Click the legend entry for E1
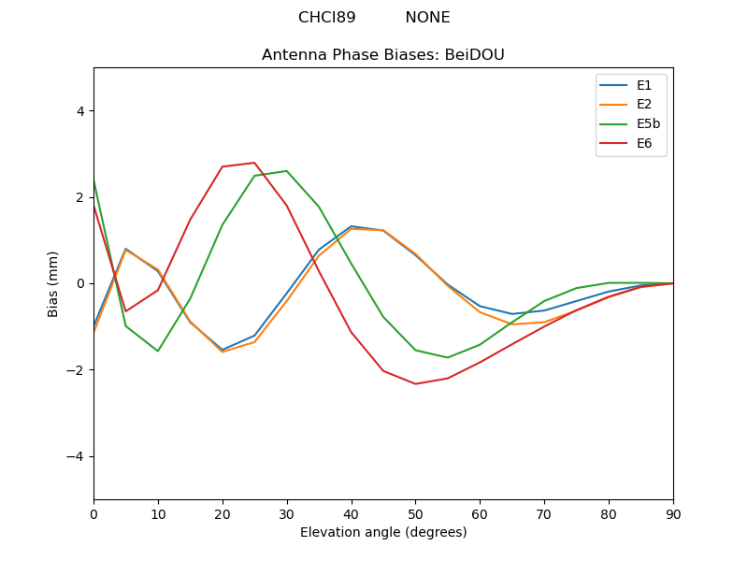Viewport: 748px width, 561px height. pyautogui.click(x=644, y=85)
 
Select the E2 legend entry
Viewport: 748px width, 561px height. pyautogui.click(x=644, y=105)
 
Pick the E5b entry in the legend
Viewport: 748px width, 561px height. pyautogui.click(x=648, y=123)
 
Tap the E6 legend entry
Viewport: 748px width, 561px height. pyautogui.click(x=644, y=143)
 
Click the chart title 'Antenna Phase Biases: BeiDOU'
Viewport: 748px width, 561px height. pyautogui.click(x=383, y=55)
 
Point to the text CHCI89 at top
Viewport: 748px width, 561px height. pyautogui.click(x=327, y=18)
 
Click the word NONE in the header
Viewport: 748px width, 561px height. pyautogui.click(x=427, y=18)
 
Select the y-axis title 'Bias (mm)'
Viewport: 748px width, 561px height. pyautogui.click(x=53, y=283)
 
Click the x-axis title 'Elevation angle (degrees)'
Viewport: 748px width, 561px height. pyautogui.click(x=383, y=533)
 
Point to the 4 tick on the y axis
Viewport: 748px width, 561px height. pyautogui.click(x=79, y=111)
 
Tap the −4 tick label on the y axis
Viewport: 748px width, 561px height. pyautogui.click(x=76, y=456)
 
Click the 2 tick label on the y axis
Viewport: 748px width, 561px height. pyautogui.click(x=79, y=197)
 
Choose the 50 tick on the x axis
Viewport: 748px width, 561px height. pyautogui.click(x=415, y=513)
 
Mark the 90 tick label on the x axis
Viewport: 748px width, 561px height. pyautogui.click(x=673, y=513)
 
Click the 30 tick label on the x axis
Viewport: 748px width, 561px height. pyautogui.click(x=287, y=513)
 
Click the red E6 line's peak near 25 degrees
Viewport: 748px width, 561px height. pyautogui.click(x=254, y=163)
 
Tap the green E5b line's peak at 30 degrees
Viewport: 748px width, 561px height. pyautogui.click(x=286, y=171)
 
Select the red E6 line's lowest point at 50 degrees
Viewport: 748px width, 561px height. pyautogui.click(x=415, y=383)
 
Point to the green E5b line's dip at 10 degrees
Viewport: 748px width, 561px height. pyautogui.click(x=158, y=351)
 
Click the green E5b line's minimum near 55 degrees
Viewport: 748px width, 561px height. pyautogui.click(x=448, y=357)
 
